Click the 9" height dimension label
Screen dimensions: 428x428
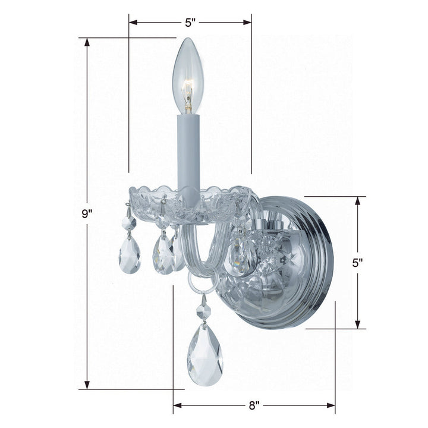point(87,215)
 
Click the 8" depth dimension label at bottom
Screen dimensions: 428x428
point(254,406)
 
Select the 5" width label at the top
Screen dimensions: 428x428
point(190,23)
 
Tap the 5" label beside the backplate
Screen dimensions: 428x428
point(358,262)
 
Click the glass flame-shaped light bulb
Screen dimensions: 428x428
point(187,74)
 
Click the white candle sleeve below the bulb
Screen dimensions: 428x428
point(188,152)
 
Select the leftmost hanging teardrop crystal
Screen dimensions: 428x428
point(129,253)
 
